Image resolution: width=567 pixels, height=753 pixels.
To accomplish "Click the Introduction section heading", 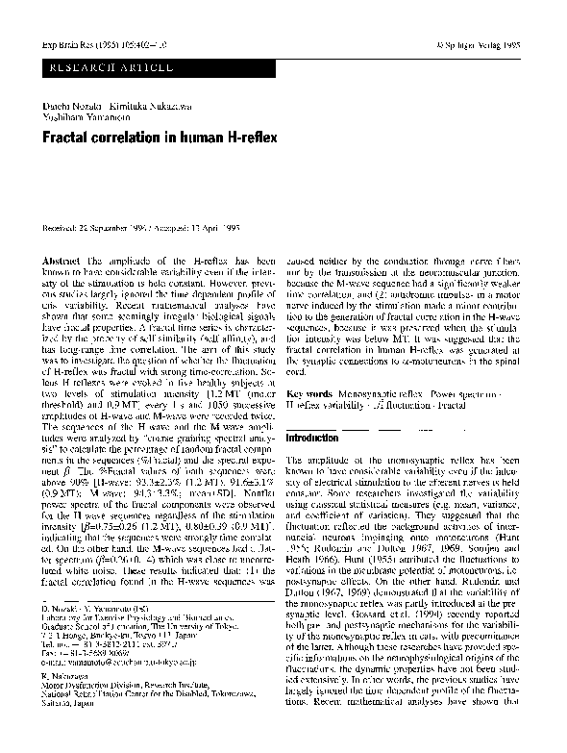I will pyautogui.click(x=315, y=438).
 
